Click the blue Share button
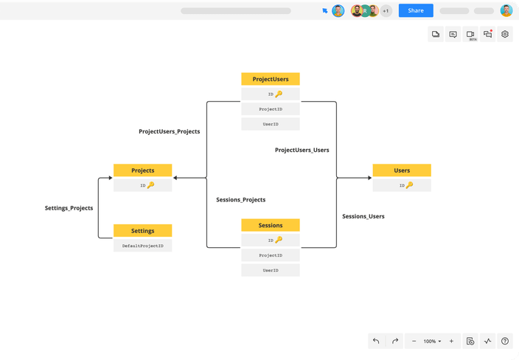point(416,10)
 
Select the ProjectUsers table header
point(271,79)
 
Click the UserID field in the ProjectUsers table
point(271,124)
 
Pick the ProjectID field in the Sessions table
point(271,255)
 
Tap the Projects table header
point(143,170)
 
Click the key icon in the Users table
point(409,185)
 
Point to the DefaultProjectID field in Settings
point(143,246)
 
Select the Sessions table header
point(271,225)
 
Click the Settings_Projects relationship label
point(69,208)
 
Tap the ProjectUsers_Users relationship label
point(302,150)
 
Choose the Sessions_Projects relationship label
point(240,200)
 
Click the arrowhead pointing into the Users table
point(370,178)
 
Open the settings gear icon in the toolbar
point(505,34)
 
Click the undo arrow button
point(376,341)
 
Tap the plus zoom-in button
point(451,341)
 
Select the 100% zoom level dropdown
point(432,341)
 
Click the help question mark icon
point(505,341)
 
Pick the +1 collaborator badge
point(386,11)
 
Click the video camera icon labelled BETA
point(470,34)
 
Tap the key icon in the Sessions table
point(279,240)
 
